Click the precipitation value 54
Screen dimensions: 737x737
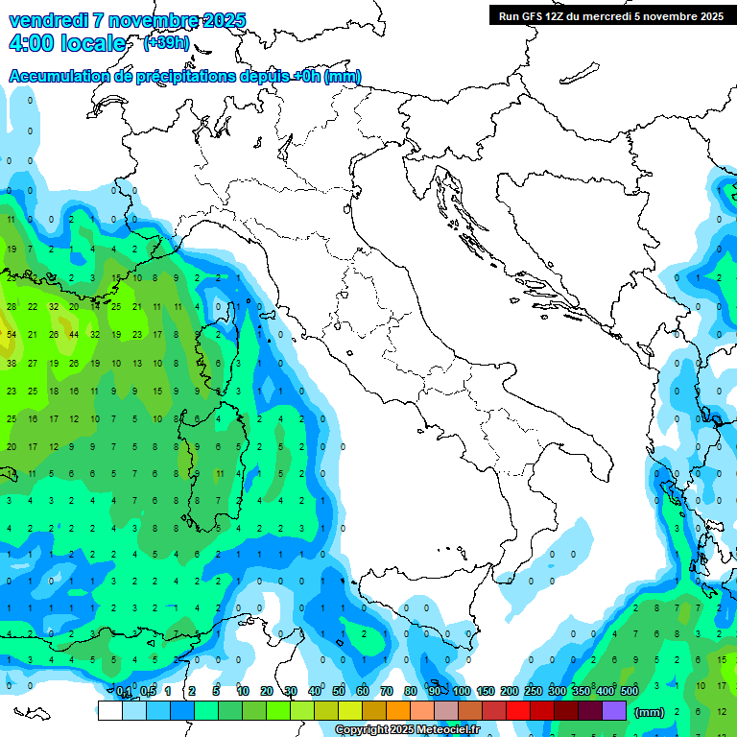tap(12, 335)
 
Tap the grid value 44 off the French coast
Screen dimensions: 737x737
tap(74, 335)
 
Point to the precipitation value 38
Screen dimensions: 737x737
tap(12, 364)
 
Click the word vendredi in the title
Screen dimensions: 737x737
tap(48, 20)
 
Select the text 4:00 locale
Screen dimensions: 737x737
tap(67, 43)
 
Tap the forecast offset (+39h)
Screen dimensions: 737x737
tap(165, 43)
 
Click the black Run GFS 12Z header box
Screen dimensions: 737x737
tap(610, 15)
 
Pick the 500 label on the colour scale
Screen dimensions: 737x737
tap(629, 692)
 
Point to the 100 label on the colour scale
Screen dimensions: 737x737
tap(462, 692)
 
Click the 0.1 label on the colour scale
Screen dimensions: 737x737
tap(124, 692)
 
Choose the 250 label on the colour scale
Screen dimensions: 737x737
tap(533, 692)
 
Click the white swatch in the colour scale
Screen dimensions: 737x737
tap(109, 710)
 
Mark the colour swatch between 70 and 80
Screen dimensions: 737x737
tap(398, 710)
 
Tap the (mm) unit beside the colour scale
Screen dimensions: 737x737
tap(650, 711)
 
